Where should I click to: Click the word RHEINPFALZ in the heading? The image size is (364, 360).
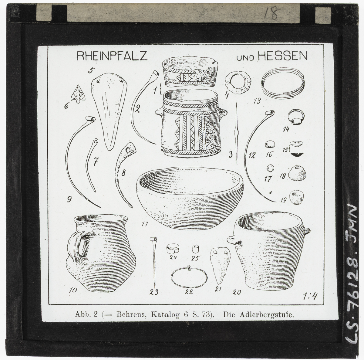tap(112, 56)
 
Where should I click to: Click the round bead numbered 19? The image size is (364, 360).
tap(297, 197)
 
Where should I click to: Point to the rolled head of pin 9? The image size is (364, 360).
tap(90, 119)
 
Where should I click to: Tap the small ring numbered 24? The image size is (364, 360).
tap(173, 249)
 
